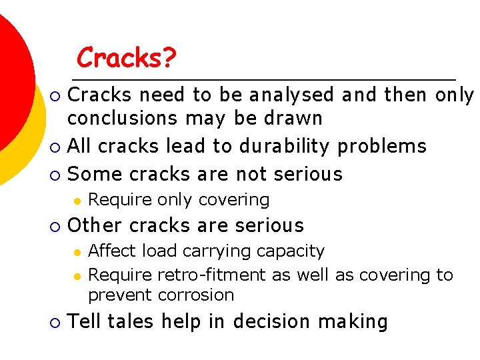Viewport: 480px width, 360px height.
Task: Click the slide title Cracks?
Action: click(126, 58)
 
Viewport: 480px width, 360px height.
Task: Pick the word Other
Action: click(95, 225)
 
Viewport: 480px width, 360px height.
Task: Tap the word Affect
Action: click(111, 251)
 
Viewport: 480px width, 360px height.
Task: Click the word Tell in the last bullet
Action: click(85, 321)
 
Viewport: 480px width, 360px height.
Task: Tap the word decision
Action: click(270, 322)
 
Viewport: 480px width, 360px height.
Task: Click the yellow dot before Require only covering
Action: click(77, 200)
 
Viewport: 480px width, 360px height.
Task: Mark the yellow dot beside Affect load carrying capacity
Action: click(77, 252)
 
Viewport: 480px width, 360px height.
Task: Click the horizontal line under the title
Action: click(267, 77)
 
